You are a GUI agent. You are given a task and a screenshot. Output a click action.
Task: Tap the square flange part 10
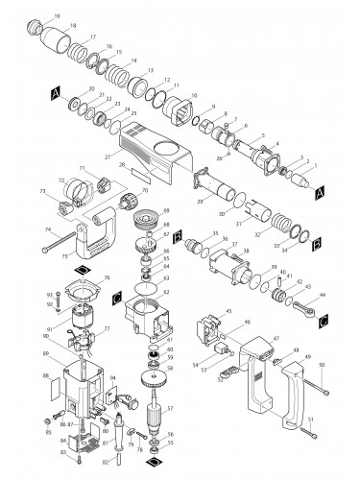180,112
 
